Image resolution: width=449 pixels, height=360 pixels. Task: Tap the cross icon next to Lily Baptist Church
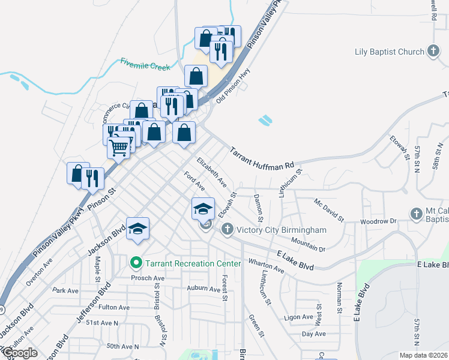pyautogui.click(x=433, y=52)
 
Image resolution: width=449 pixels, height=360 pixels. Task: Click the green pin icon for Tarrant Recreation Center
pyautogui.click(x=136, y=263)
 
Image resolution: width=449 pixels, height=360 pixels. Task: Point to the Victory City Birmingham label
pyautogui.click(x=281, y=230)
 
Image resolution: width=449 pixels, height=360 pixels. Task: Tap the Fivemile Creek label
pyautogui.click(x=145, y=64)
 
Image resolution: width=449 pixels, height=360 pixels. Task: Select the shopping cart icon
pyautogui.click(x=119, y=146)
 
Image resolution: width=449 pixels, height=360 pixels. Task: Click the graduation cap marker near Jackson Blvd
pyautogui.click(x=137, y=229)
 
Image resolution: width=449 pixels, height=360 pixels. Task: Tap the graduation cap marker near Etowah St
pyautogui.click(x=203, y=208)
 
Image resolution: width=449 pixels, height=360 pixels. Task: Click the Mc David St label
pyautogui.click(x=329, y=210)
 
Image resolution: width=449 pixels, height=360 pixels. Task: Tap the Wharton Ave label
pyautogui.click(x=266, y=266)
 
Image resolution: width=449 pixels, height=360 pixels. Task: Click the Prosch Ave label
pyautogui.click(x=148, y=278)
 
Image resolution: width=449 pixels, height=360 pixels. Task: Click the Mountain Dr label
pyautogui.click(x=307, y=245)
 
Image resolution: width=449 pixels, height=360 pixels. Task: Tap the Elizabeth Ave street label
pyautogui.click(x=211, y=172)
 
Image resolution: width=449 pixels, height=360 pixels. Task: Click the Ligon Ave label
pyautogui.click(x=299, y=317)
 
